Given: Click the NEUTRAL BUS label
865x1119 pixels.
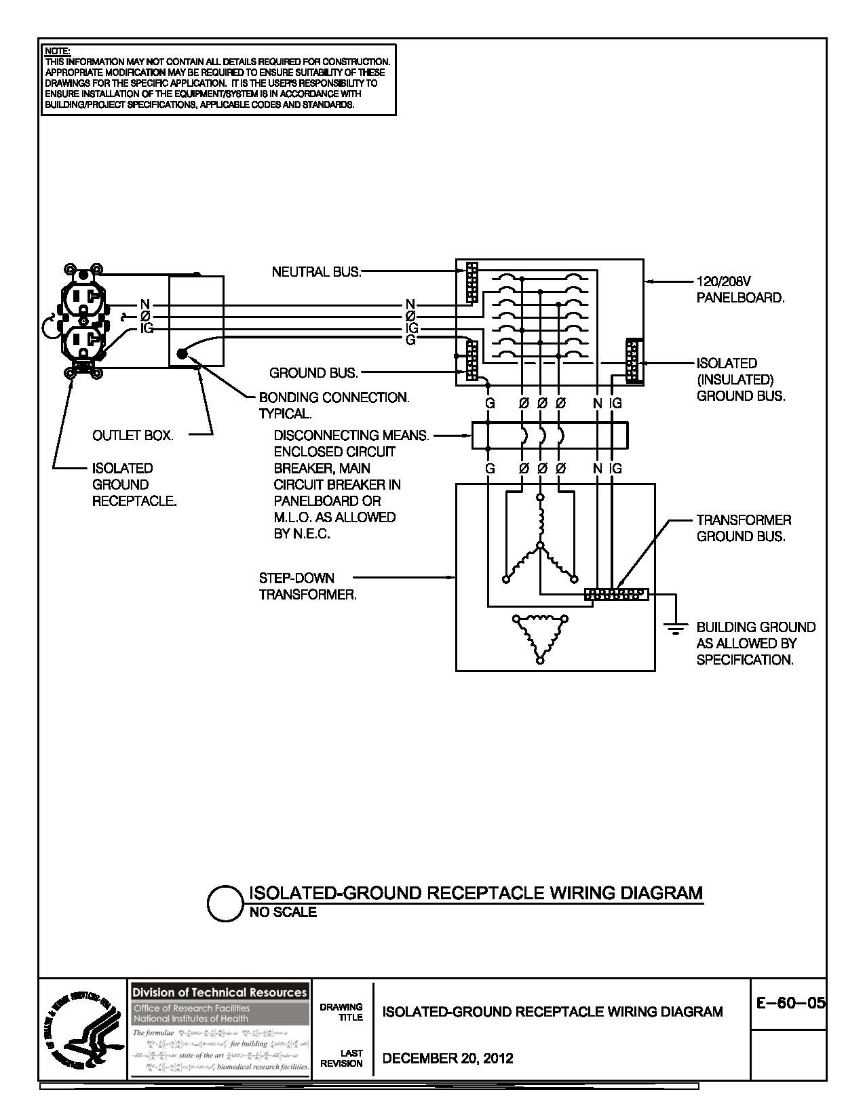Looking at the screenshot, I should point(316,272).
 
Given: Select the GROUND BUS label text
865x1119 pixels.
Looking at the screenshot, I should point(313,373).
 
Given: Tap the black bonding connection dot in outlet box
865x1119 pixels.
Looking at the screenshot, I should point(181,353).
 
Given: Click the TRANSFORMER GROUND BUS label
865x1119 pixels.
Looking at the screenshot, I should point(744,528).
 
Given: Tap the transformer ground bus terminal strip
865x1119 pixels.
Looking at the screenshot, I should point(616,595).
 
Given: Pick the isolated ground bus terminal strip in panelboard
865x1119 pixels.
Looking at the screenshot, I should point(634,361).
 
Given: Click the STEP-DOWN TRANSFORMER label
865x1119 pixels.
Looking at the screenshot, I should point(307,587).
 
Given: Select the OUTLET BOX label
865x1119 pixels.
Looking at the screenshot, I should point(133,436).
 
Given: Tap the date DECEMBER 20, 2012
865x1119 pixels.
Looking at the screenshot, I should point(448,1058).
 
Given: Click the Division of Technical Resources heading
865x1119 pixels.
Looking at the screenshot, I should point(218,992).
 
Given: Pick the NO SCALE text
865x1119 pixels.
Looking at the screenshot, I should point(283,912).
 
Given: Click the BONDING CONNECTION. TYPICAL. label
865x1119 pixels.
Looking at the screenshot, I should point(334,406).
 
